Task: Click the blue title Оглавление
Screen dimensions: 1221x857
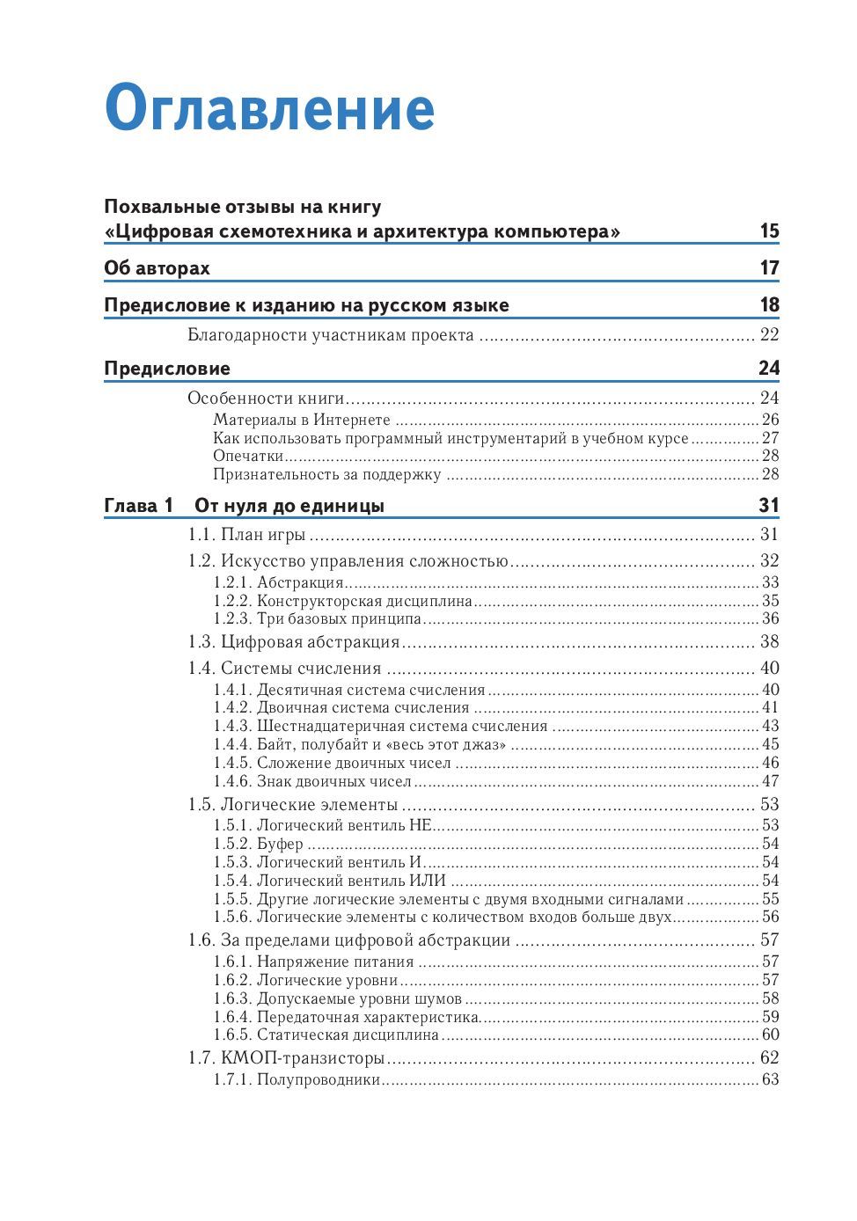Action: [x=269, y=109]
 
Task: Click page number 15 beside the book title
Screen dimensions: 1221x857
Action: [x=769, y=231]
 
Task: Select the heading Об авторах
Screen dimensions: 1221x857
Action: [x=157, y=268]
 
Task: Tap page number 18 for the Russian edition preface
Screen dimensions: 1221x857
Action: [x=769, y=305]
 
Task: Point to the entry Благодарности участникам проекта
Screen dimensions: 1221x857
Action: [x=331, y=335]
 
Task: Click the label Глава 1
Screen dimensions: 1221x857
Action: [x=138, y=506]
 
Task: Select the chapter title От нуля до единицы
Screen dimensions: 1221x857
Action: [x=289, y=506]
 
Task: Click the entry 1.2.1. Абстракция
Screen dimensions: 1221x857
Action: [x=278, y=582]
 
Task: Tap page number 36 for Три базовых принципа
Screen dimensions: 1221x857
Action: [x=770, y=619]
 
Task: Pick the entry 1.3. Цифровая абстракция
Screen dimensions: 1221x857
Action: [x=294, y=642]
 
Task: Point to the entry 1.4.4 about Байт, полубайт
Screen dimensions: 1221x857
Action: [x=360, y=745]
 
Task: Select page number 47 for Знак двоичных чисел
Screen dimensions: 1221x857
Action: [x=770, y=781]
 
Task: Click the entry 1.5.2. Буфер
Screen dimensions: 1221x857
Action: [x=258, y=844]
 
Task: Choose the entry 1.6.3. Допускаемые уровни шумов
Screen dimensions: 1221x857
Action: [x=337, y=998]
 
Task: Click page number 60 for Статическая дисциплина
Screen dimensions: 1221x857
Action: [x=770, y=1035]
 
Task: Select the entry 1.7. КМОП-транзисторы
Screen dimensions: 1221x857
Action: [x=286, y=1058]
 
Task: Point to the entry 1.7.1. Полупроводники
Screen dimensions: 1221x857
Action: [x=297, y=1080]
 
